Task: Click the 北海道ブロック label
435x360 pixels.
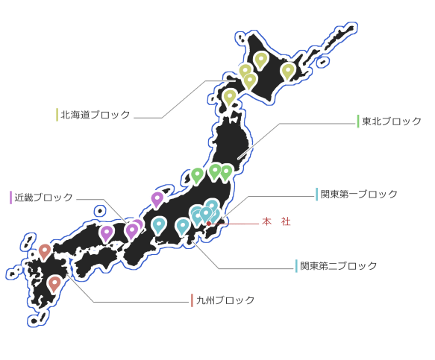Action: (96, 115)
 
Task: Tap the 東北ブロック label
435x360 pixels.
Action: (392, 121)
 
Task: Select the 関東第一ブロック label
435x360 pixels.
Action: (359, 194)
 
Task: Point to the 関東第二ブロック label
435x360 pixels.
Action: (339, 266)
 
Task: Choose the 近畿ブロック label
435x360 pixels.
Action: (43, 198)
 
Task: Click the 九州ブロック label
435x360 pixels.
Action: (225, 300)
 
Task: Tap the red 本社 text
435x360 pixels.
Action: (276, 221)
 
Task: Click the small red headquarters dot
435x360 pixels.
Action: (209, 224)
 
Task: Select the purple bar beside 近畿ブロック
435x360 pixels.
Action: (11, 198)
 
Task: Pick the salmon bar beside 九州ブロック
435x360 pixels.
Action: (192, 300)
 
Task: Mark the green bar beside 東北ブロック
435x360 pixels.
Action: (358, 121)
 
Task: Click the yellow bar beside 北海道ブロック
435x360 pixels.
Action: (57, 115)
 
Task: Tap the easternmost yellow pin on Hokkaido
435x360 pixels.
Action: (288, 70)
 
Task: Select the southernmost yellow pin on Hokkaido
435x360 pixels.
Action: (229, 96)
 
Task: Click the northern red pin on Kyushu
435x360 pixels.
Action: (45, 250)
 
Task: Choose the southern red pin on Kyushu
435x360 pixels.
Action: (54, 283)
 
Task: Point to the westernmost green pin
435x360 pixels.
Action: (197, 175)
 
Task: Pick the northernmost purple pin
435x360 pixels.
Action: (157, 199)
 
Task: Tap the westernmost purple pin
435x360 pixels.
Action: (107, 233)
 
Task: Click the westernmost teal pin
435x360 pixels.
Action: (159, 224)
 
